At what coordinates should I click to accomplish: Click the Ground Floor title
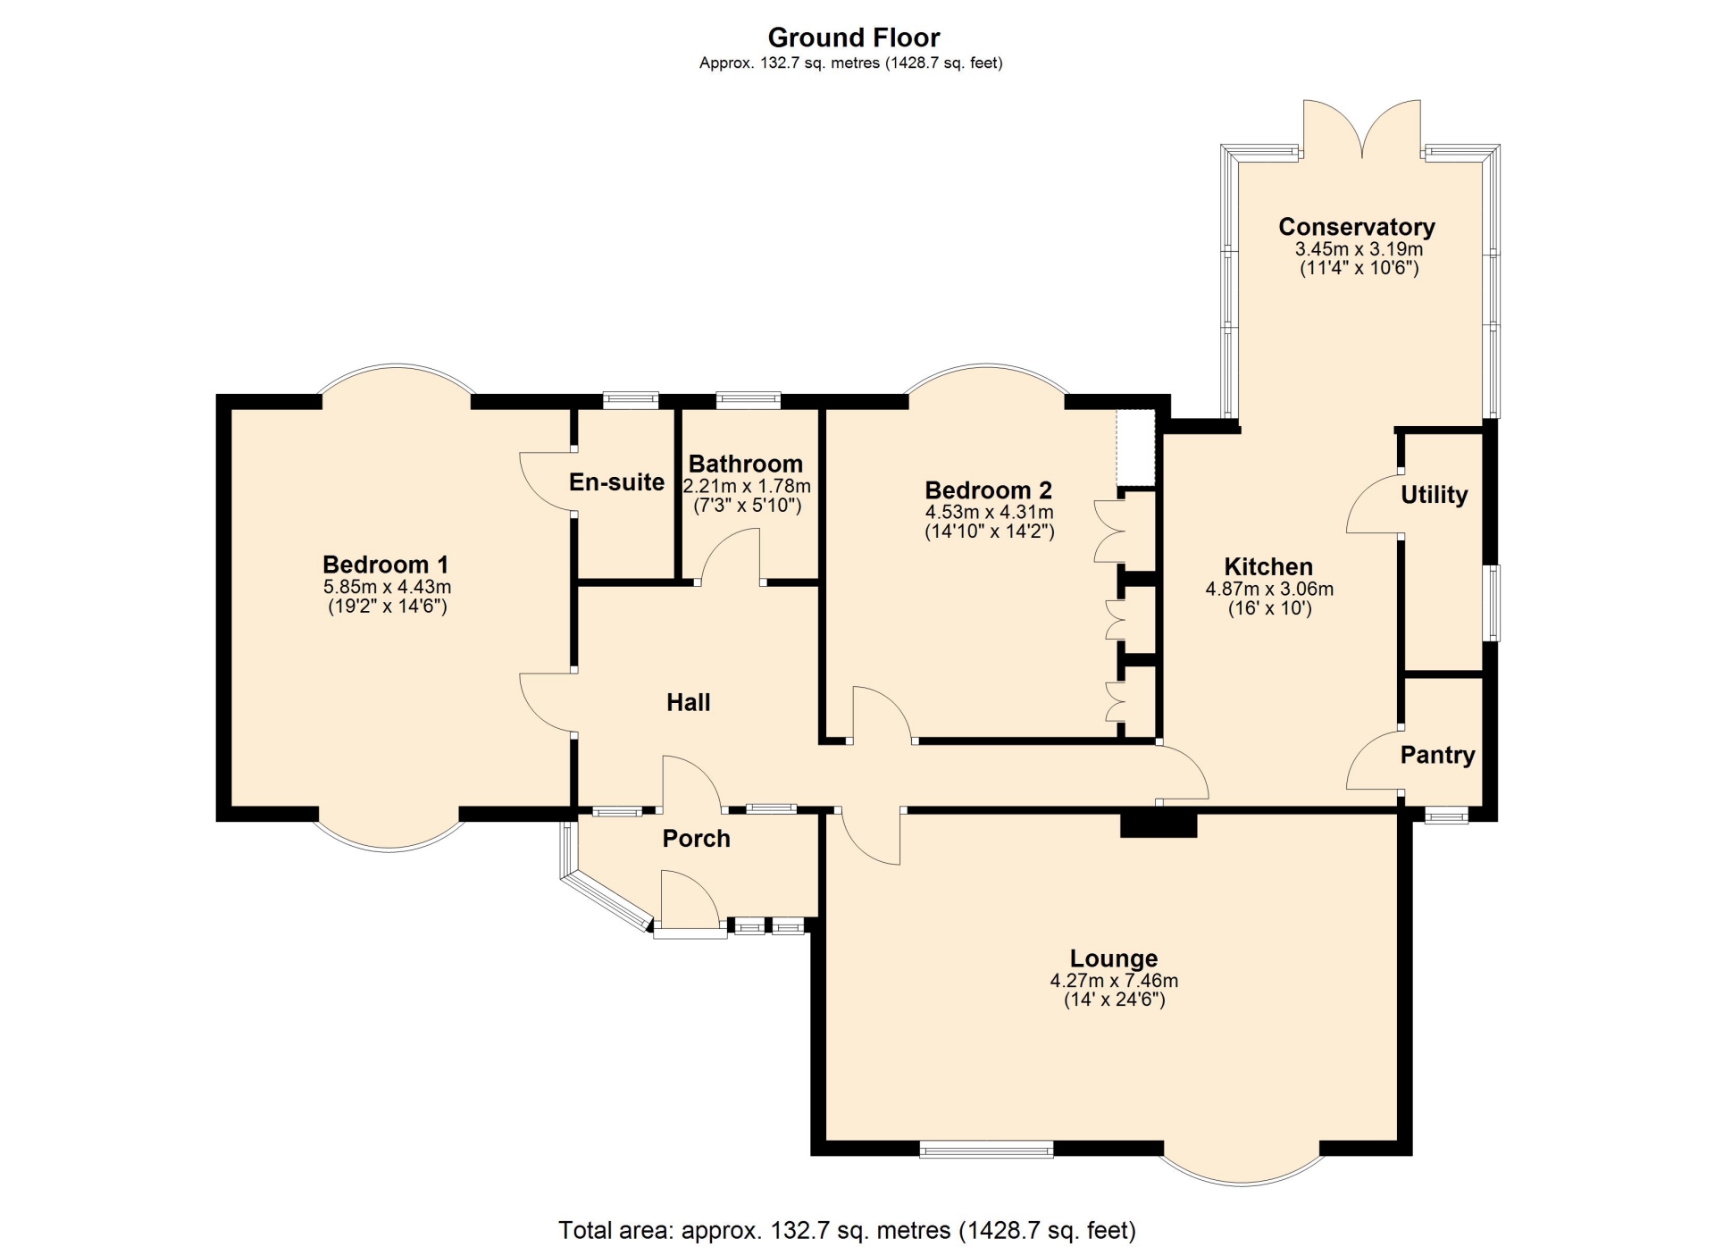click(x=854, y=38)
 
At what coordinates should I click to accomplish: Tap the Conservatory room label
click(x=1357, y=227)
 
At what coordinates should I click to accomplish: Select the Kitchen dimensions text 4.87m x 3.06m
click(x=1269, y=589)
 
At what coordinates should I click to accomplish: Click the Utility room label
click(x=1435, y=495)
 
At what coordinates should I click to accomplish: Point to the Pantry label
click(x=1437, y=756)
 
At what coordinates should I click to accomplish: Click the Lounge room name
click(x=1114, y=958)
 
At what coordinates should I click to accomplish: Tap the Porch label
click(x=697, y=839)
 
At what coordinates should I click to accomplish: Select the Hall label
click(x=689, y=702)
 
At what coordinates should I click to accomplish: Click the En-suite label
click(x=617, y=482)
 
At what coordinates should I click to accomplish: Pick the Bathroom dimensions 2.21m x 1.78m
click(x=747, y=487)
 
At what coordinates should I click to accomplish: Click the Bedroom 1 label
click(x=386, y=565)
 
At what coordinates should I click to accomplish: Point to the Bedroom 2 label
click(x=989, y=490)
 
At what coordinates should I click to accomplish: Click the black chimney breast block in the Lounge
click(x=1159, y=824)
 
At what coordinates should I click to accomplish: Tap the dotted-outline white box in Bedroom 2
click(x=1135, y=448)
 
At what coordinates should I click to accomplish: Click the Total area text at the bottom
click(x=847, y=1231)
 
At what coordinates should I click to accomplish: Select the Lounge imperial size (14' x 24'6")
click(x=1115, y=1000)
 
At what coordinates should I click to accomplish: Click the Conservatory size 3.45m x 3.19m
click(x=1359, y=249)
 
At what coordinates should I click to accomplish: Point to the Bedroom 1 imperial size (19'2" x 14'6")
click(x=388, y=607)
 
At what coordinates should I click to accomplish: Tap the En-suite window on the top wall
click(x=631, y=400)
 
